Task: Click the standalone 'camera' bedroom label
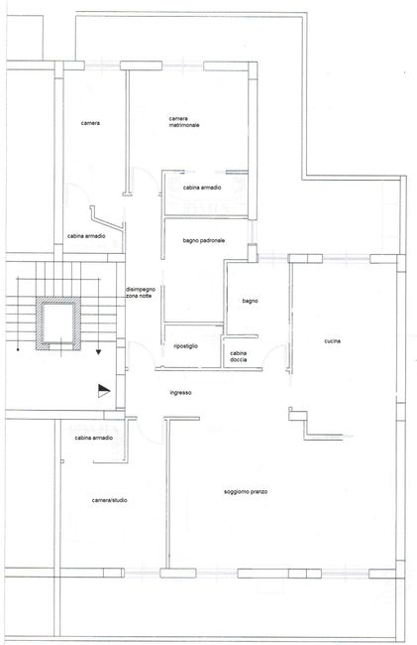pyautogui.click(x=90, y=123)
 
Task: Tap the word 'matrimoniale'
pyautogui.click(x=184, y=125)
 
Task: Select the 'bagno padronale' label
pyautogui.click(x=204, y=241)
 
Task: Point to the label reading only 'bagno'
pyautogui.click(x=250, y=301)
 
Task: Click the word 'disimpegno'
pyautogui.click(x=141, y=290)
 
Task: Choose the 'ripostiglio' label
pyautogui.click(x=185, y=346)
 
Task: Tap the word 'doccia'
pyautogui.click(x=239, y=359)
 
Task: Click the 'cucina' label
pyautogui.click(x=333, y=341)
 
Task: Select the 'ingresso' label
pyautogui.click(x=180, y=393)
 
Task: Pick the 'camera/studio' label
pyautogui.click(x=110, y=500)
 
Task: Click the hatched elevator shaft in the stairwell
pyautogui.click(x=57, y=323)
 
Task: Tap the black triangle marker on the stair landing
pyautogui.click(x=104, y=390)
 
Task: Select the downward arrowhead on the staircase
pyautogui.click(x=98, y=351)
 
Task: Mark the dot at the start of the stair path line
pyautogui.click(x=18, y=350)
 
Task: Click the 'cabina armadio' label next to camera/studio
pyautogui.click(x=93, y=438)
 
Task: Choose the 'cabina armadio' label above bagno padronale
pyautogui.click(x=202, y=188)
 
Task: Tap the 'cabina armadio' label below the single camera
pyautogui.click(x=86, y=236)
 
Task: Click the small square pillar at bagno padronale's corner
pyautogui.click(x=253, y=253)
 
